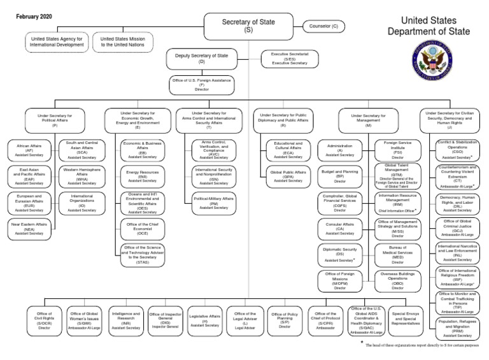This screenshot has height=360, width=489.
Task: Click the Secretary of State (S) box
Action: (248, 25)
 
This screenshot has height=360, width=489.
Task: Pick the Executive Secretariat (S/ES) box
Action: (290, 59)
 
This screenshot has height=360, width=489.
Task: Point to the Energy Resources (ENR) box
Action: (142, 175)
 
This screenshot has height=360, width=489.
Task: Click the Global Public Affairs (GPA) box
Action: (288, 176)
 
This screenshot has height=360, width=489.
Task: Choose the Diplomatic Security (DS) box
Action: (339, 256)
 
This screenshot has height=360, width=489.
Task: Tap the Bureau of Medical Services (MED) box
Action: (398, 254)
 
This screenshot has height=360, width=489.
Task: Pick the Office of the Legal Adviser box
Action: (245, 319)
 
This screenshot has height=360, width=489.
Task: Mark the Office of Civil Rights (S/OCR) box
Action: (44, 319)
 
